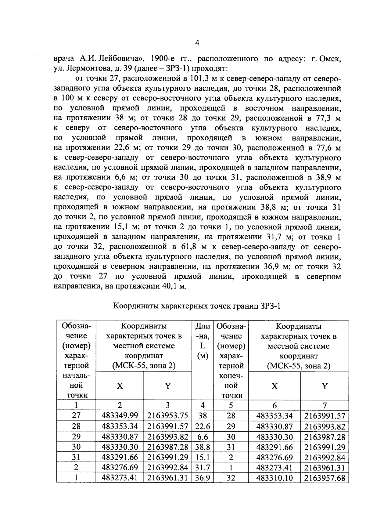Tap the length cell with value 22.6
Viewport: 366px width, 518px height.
(x=202, y=426)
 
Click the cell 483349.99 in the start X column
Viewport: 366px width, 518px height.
(x=120, y=416)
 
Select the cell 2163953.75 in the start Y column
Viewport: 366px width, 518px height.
(x=167, y=416)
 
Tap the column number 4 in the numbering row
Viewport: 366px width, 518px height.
(x=202, y=405)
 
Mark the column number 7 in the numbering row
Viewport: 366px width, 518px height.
(x=325, y=405)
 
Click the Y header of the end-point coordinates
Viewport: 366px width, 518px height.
(x=325, y=386)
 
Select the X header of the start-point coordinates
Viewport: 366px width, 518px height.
(x=120, y=386)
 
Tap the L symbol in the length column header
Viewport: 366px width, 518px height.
(x=203, y=346)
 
